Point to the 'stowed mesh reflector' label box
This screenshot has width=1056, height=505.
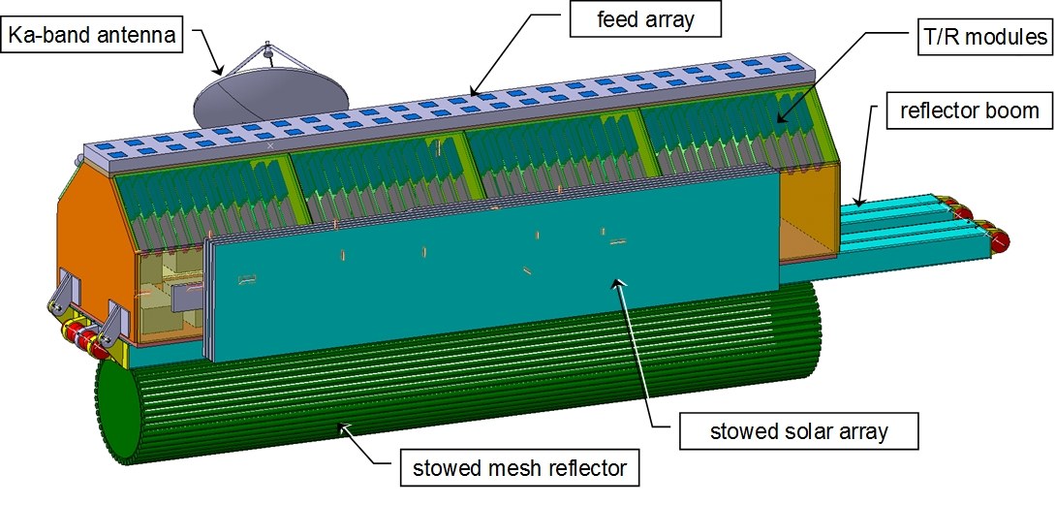pos(522,470)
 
